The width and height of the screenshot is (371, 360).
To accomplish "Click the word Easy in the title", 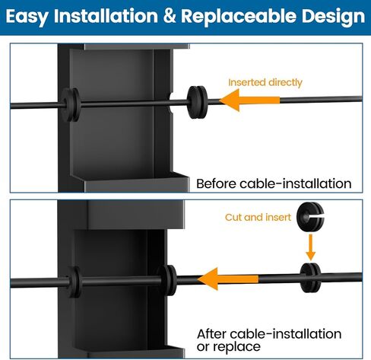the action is [27, 17].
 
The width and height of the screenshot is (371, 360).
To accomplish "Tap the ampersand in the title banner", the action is [170, 16].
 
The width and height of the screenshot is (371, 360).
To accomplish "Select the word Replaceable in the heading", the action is [238, 16].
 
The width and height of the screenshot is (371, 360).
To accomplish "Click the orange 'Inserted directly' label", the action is [265, 83].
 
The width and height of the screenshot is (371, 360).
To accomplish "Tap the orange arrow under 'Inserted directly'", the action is [249, 100].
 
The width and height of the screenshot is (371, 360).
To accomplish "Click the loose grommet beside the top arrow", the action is [197, 102].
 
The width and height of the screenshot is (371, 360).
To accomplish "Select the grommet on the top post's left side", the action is [70, 104].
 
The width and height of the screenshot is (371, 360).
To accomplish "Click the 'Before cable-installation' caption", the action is [274, 183].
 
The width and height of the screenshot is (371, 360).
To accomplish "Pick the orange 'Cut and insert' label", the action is [258, 218].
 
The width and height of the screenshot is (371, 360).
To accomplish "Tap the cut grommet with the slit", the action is [310, 217].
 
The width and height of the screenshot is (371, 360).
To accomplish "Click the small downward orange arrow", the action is [310, 247].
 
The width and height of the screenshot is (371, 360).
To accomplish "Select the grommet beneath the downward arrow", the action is [310, 278].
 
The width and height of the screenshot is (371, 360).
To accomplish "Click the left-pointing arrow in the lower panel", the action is [228, 279].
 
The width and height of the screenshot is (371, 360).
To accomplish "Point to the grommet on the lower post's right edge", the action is [167, 280].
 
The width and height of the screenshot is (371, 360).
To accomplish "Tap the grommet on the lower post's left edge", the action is [74, 282].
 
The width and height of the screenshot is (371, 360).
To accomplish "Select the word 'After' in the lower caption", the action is [211, 334].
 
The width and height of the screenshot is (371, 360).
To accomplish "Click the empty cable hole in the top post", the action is [171, 103].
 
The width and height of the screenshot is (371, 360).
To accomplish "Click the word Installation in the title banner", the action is [106, 16].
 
